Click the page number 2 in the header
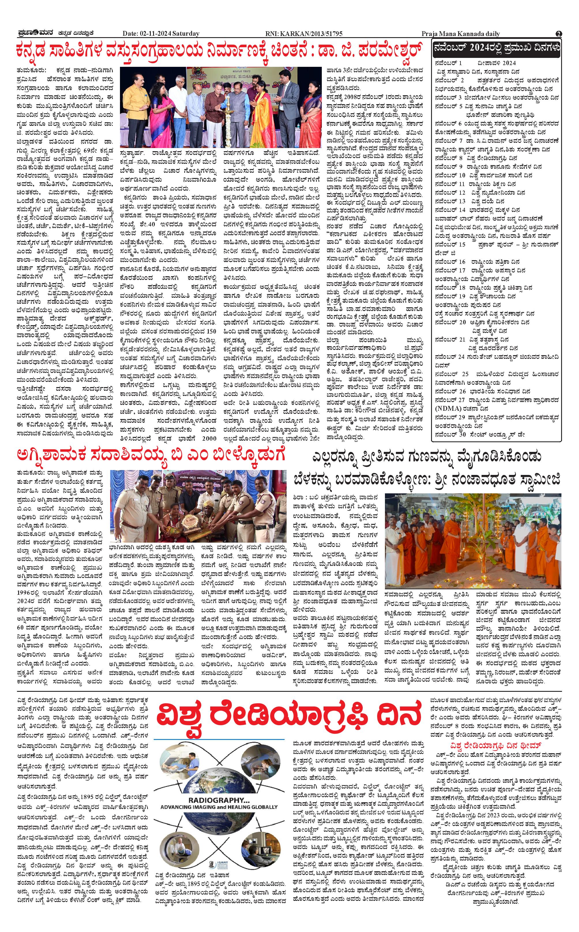click(559, 34)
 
